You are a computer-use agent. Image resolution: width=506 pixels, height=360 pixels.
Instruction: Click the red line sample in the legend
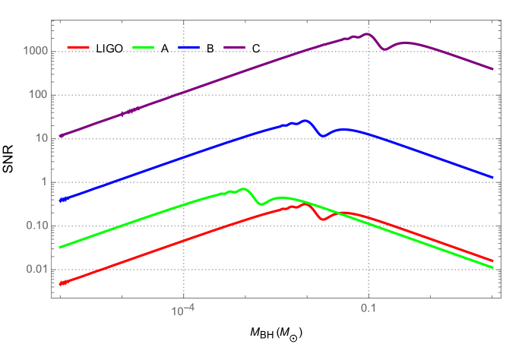pyautogui.click(x=78, y=47)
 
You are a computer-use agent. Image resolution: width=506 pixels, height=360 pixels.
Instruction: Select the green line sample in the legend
pyautogui.click(x=143, y=47)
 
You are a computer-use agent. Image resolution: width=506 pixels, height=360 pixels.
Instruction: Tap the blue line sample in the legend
pyautogui.click(x=189, y=47)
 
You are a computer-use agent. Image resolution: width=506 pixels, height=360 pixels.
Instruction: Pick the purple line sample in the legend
pyautogui.click(x=235, y=47)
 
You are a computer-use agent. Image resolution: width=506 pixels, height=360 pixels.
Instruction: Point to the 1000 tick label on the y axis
pyautogui.click(x=35, y=52)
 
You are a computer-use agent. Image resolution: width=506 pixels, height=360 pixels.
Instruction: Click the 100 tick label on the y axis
pyautogui.click(x=38, y=96)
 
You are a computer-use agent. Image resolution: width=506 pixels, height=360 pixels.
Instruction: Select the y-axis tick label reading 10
pyautogui.click(x=40, y=139)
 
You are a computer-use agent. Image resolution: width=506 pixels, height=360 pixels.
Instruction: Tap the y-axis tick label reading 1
pyautogui.click(x=43, y=183)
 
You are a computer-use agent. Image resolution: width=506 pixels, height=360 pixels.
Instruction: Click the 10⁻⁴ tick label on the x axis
pyautogui.click(x=181, y=310)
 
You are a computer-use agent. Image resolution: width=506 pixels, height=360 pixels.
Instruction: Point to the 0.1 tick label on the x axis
pyautogui.click(x=368, y=310)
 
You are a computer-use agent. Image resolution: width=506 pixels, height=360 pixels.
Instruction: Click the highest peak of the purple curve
pyautogui.click(x=368, y=34)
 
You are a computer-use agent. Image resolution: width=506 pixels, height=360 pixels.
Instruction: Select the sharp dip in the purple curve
pyautogui.click(x=386, y=49)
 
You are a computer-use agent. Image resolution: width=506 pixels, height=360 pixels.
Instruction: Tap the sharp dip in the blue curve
pyautogui.click(x=324, y=136)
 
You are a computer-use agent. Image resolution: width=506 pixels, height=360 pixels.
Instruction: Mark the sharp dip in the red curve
pyautogui.click(x=324, y=219)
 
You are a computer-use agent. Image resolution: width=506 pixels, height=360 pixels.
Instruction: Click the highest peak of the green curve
pyautogui.click(x=242, y=189)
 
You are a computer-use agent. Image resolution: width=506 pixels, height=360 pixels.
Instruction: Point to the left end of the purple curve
pyautogui.click(x=61, y=136)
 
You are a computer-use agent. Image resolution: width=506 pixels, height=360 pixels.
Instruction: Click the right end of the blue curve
pyautogui.click(x=492, y=177)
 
